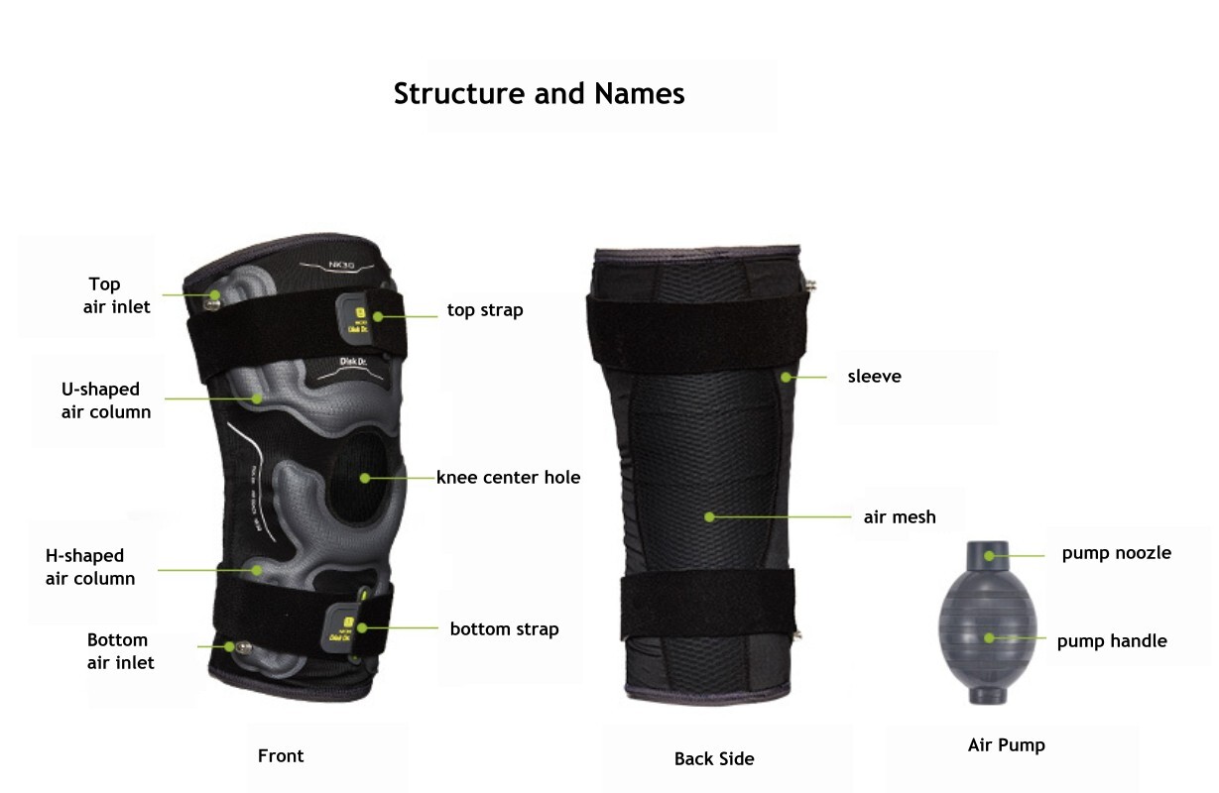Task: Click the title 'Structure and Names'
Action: [539, 93]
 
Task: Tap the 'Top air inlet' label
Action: [117, 295]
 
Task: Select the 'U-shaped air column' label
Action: [106, 400]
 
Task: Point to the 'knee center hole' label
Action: [508, 478]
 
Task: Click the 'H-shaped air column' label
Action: [90, 567]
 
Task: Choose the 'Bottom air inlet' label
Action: [120, 651]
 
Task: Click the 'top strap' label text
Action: [485, 310]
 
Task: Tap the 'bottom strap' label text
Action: [504, 629]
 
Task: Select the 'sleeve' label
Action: [874, 377]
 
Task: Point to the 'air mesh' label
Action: [900, 516]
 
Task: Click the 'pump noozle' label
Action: [1116, 553]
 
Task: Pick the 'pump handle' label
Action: [1111, 641]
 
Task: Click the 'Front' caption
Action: [281, 756]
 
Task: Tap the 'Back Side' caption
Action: [714, 759]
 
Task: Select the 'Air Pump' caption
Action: [1006, 744]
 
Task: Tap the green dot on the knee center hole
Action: [365, 478]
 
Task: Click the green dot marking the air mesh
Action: [710, 515]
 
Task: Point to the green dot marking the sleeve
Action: [785, 377]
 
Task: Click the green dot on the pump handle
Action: [989, 637]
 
